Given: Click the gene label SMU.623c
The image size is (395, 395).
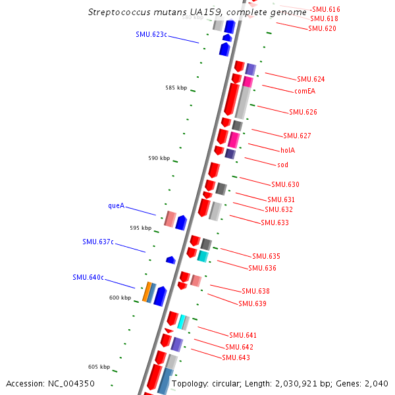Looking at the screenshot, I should click(x=151, y=34).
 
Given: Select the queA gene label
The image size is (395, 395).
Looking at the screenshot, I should click(x=116, y=205).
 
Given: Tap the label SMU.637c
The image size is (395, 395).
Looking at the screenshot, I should click(x=98, y=242).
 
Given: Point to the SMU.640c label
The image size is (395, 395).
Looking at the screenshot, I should click(x=88, y=277).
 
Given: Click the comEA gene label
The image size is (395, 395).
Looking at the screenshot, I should click(x=305, y=91).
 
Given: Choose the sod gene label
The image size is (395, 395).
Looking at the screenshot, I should click(x=282, y=164).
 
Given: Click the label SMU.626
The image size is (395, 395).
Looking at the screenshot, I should click(x=303, y=112).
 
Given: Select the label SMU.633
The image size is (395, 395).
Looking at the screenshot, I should click(x=275, y=223).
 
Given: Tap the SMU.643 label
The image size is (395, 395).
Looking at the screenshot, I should click(x=236, y=357).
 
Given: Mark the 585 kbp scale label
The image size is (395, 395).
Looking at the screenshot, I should click(x=176, y=88).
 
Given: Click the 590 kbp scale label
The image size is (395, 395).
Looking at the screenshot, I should click(x=159, y=158).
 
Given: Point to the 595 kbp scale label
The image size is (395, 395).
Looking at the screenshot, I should click(x=140, y=228).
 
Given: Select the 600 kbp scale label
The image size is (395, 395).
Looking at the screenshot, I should click(x=119, y=298).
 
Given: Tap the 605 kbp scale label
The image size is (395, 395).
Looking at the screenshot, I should click(x=99, y=367).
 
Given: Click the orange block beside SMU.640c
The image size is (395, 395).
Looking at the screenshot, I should click(x=146, y=292).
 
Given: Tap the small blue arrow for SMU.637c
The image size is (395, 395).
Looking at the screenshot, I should click(x=171, y=260).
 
